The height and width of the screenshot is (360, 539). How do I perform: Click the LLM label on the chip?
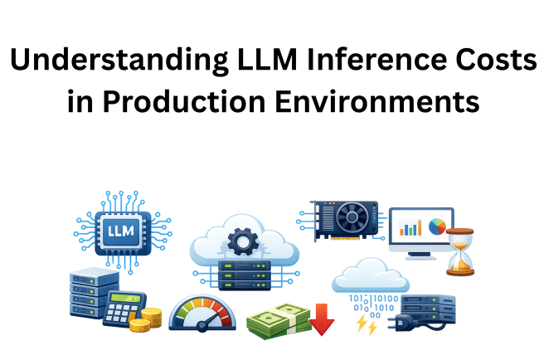pyautogui.click(x=122, y=229)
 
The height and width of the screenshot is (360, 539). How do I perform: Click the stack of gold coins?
pyautogui.click(x=149, y=319)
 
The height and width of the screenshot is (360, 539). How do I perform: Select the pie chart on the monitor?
pyautogui.click(x=438, y=226)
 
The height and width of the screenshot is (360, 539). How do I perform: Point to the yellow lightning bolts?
pyautogui.click(x=364, y=323)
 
